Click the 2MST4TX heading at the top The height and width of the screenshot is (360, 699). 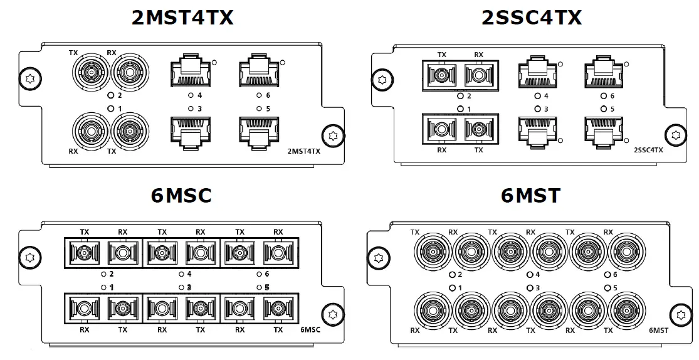[182, 17]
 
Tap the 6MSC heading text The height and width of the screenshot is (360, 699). [181, 196]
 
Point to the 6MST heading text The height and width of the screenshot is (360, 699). [530, 196]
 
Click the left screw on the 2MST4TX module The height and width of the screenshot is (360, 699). [28, 79]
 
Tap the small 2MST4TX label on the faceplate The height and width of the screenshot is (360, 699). [303, 151]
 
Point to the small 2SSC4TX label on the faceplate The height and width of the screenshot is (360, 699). [648, 151]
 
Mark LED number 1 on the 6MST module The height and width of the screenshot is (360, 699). [451, 287]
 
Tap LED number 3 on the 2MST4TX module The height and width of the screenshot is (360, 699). [191, 109]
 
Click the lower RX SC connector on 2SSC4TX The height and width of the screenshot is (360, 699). [441, 129]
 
